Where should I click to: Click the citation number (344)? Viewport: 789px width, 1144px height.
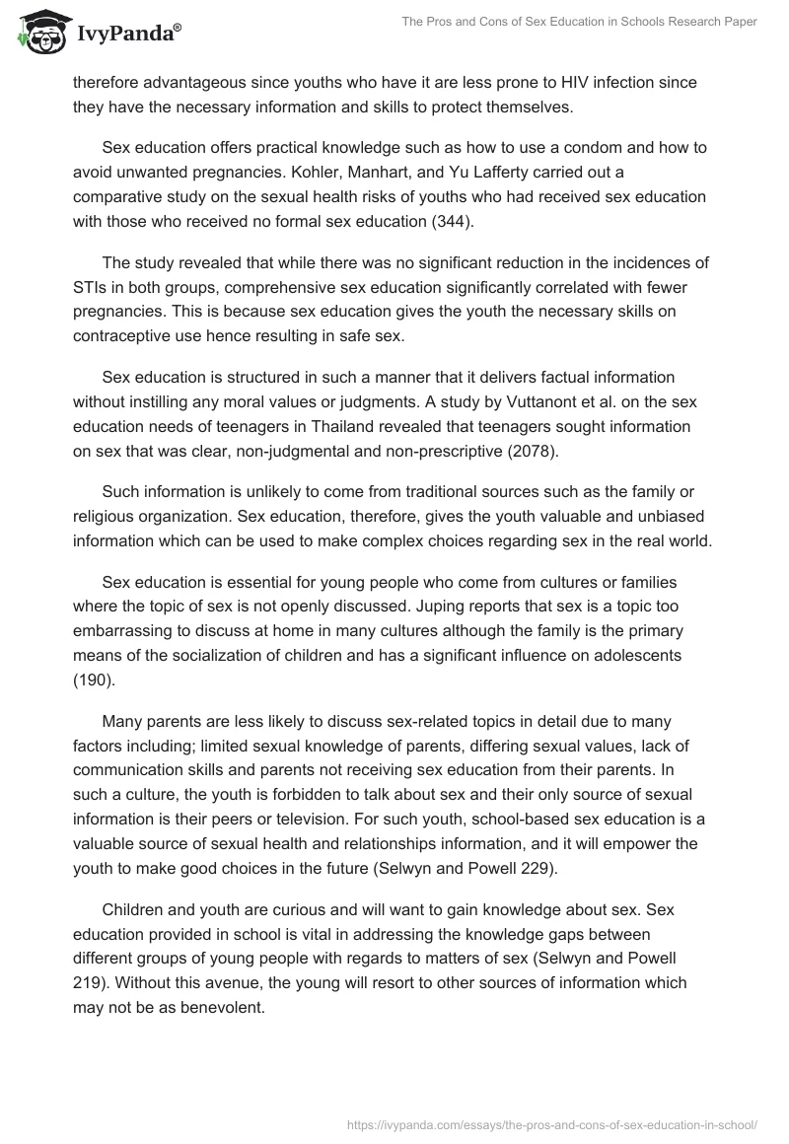coord(447,222)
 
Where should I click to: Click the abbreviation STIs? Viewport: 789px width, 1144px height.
coord(92,287)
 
